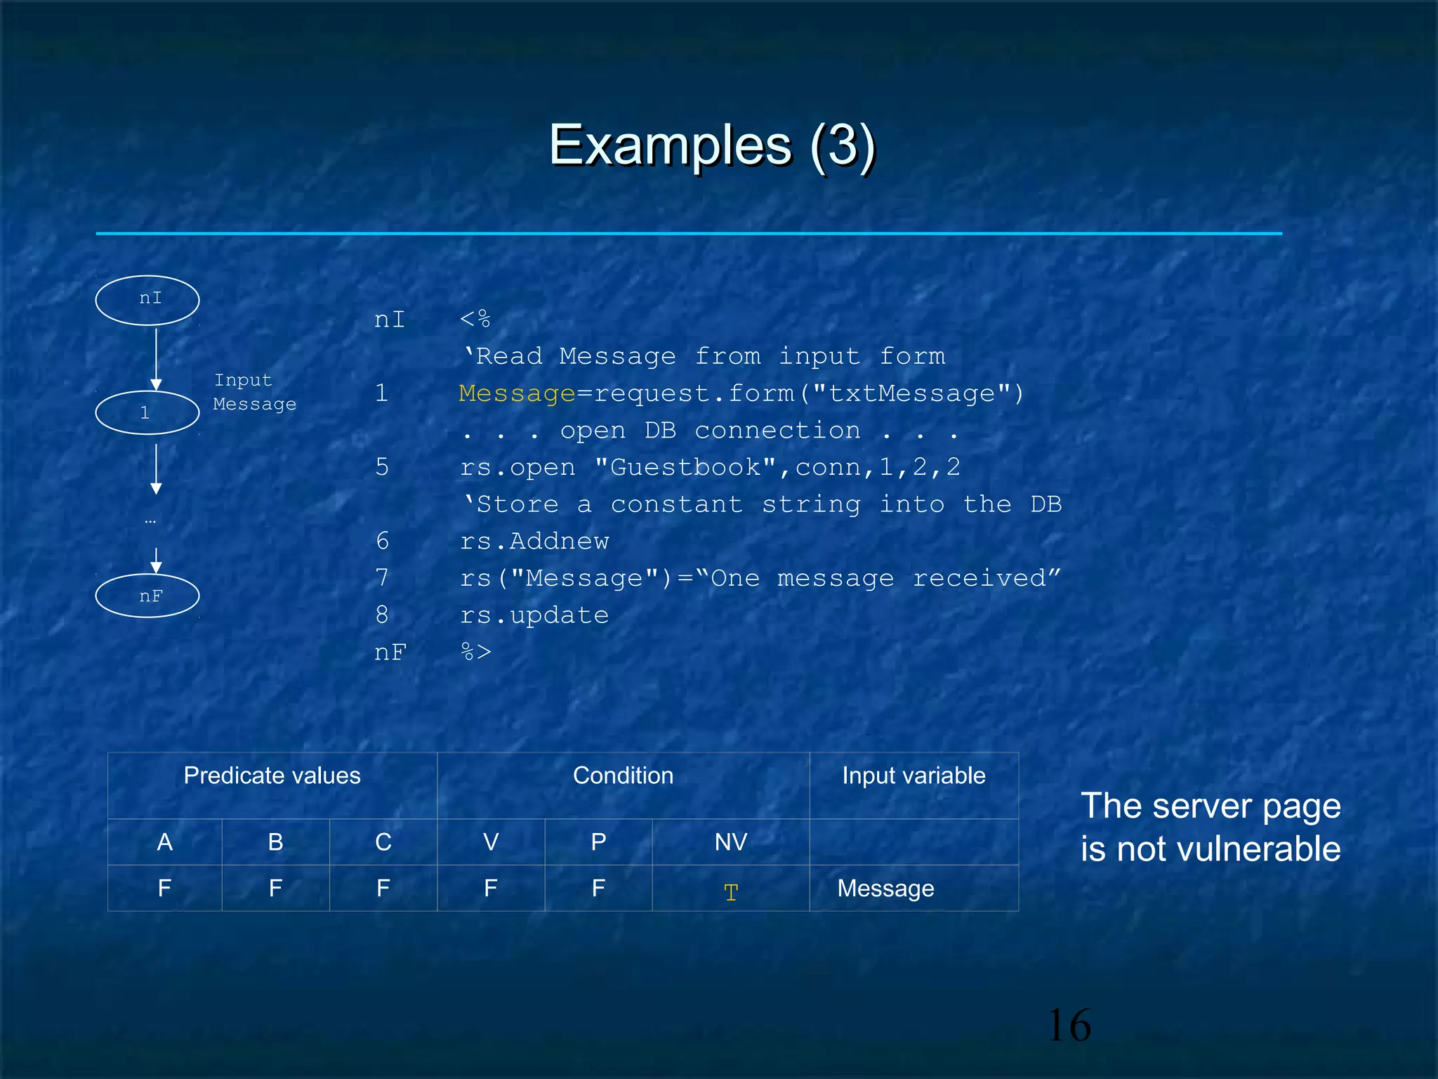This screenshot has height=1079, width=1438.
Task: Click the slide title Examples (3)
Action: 711,145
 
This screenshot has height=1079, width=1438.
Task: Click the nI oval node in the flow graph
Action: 147,300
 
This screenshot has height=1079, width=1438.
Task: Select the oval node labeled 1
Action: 147,412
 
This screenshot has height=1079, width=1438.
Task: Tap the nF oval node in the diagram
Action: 147,596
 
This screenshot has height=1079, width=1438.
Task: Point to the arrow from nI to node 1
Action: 156,358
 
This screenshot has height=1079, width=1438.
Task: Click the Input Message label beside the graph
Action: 254,392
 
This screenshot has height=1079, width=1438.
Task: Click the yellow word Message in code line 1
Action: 517,393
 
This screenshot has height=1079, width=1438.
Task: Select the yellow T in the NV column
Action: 731,892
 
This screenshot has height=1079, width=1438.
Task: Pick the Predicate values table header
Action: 272,776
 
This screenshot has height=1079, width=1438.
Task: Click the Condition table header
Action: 623,776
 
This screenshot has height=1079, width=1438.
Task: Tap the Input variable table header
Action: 913,776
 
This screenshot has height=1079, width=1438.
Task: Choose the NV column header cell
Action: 731,842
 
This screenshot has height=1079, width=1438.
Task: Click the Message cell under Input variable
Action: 885,889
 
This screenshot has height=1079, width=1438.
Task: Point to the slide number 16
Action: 1069,1025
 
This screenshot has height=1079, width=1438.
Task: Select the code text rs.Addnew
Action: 534,541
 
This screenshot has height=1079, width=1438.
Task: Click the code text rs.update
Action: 534,615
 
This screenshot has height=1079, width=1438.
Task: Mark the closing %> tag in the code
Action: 475,652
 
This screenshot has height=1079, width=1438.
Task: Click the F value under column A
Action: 164,889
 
